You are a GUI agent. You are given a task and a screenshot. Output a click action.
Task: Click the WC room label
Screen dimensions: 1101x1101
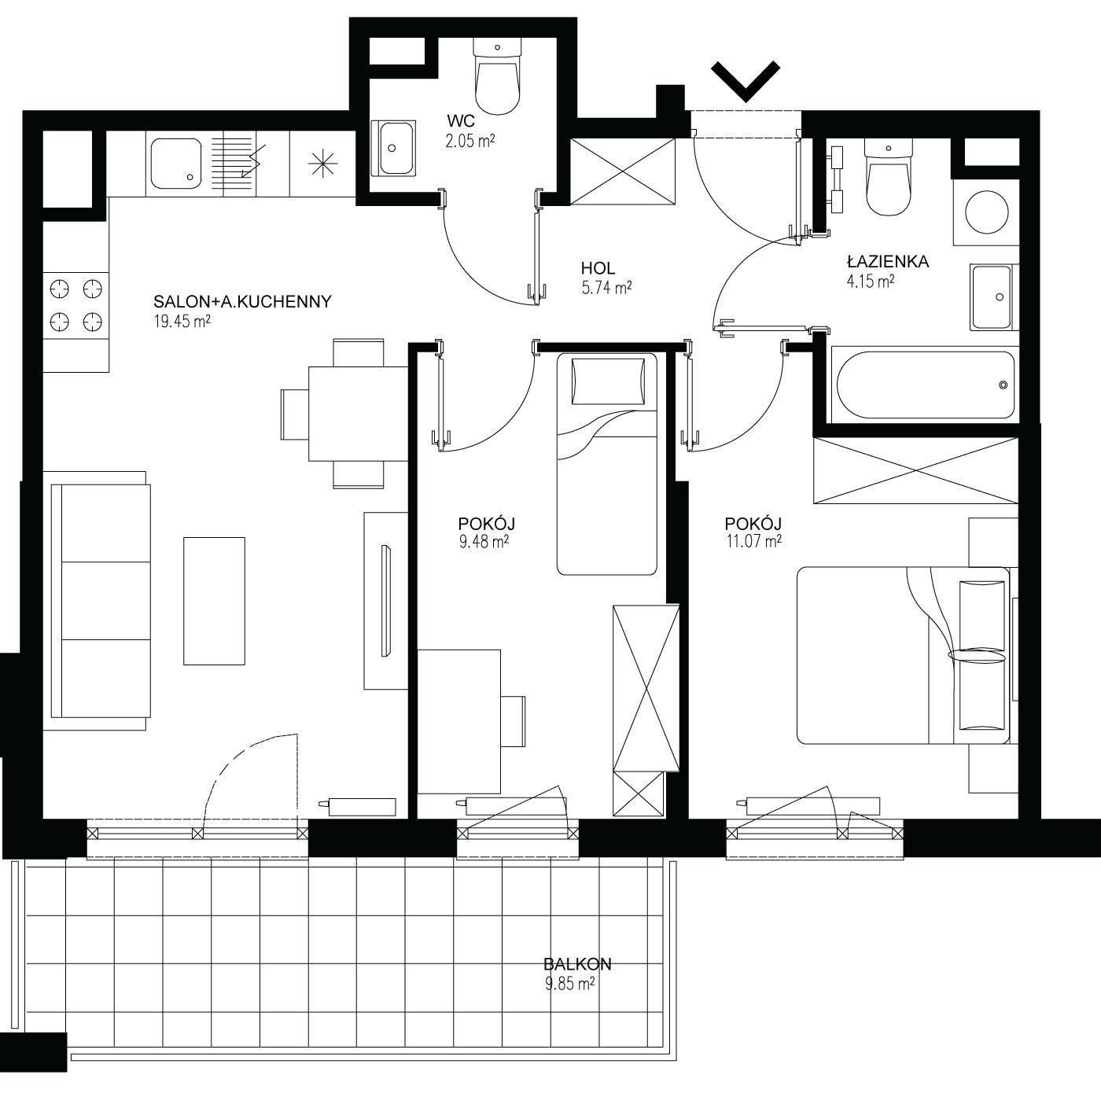[461, 121]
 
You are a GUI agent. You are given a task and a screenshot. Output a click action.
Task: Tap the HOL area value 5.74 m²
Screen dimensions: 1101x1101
[606, 287]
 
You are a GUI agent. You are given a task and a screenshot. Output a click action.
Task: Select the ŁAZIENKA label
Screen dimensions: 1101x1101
[887, 262]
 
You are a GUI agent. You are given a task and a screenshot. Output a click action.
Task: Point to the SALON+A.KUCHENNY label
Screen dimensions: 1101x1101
[242, 301]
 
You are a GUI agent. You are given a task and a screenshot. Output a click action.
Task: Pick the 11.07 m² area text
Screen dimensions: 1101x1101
[753, 540]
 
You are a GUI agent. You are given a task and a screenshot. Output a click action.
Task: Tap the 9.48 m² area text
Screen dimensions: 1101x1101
[484, 540]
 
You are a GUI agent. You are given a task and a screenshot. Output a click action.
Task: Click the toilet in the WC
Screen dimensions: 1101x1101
[498, 75]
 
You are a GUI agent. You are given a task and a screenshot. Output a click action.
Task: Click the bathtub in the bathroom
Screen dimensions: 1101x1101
[925, 385]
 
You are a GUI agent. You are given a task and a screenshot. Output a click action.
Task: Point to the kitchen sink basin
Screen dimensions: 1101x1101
[176, 164]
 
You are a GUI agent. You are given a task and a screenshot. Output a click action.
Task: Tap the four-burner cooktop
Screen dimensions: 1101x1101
[76, 305]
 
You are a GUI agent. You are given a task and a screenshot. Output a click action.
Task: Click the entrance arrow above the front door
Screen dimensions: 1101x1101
[746, 81]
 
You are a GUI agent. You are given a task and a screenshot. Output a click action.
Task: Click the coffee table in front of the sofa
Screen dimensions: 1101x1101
[214, 601]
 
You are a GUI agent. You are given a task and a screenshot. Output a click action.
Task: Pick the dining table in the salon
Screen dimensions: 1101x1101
[359, 413]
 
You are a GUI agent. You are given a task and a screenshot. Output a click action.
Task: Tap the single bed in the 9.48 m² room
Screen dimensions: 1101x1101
[607, 464]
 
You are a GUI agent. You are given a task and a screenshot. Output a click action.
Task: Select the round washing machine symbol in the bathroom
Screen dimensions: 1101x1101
[986, 212]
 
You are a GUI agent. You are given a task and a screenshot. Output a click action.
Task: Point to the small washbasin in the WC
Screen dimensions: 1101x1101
[393, 148]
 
